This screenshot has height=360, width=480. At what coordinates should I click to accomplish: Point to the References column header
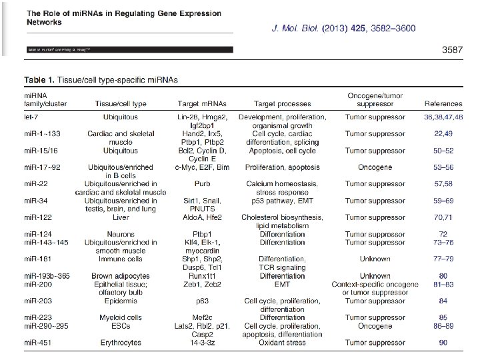point(443,104)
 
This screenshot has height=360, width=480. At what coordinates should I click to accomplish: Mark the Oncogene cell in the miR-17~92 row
point(377,167)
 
